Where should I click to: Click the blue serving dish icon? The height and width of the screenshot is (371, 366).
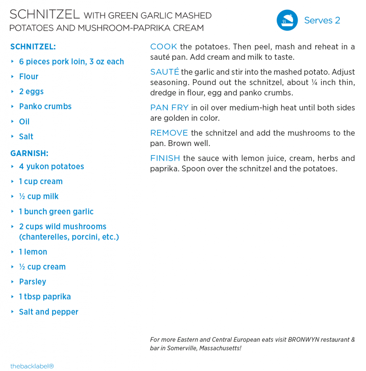point(287,20)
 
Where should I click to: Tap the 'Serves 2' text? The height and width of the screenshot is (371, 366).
point(322,20)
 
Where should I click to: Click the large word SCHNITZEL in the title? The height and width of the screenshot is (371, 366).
point(45,15)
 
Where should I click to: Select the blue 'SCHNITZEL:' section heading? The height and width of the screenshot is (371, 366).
point(33,47)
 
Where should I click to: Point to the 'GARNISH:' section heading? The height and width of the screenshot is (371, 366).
point(29,153)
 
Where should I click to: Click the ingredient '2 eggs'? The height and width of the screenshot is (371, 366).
point(31,91)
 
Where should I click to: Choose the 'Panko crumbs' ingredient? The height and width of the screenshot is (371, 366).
point(45,107)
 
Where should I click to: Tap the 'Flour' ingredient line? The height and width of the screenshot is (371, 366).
point(29,76)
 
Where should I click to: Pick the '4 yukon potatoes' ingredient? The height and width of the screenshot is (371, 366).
point(52,167)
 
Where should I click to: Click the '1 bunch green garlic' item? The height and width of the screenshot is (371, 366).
point(56,212)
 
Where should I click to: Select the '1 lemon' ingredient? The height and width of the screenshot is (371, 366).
point(33,252)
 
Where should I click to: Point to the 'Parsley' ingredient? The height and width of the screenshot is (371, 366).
point(33,282)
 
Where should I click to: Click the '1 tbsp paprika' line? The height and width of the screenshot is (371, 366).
point(45,297)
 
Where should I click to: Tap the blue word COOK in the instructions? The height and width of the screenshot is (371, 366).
point(164,47)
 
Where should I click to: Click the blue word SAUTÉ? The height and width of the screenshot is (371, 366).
point(164,72)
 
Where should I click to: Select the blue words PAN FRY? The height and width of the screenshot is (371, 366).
point(169,108)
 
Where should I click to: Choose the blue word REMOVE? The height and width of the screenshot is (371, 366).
point(169,133)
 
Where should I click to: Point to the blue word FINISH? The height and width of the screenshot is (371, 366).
point(165,158)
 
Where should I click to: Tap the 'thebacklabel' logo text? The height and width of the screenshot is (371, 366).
point(32,366)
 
